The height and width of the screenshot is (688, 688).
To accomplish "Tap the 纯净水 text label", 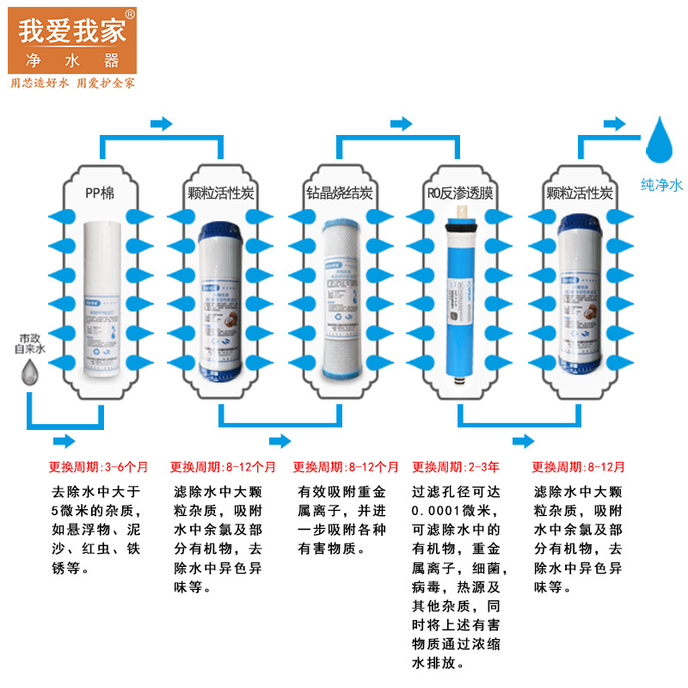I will click(x=661, y=184).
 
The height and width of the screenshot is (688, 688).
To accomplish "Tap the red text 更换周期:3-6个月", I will click(x=98, y=468).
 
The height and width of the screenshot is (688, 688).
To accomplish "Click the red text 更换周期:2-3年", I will click(x=456, y=468).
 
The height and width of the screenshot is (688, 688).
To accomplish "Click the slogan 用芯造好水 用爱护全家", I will click(x=72, y=83).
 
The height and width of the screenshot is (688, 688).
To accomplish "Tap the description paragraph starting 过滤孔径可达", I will click(x=461, y=577).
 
